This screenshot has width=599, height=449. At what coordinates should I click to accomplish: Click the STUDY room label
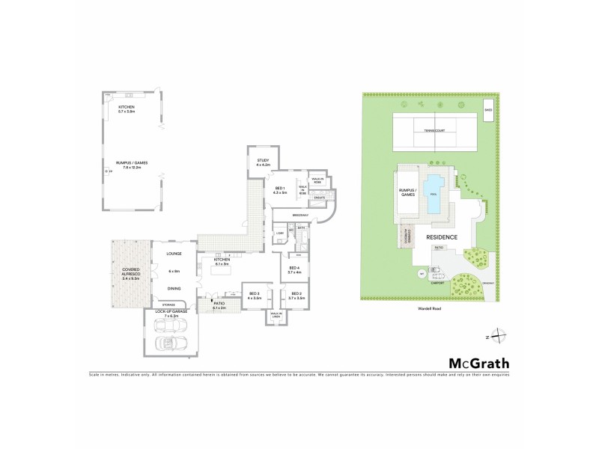(x=262, y=160)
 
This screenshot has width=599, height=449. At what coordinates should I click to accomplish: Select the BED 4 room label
(x=294, y=269)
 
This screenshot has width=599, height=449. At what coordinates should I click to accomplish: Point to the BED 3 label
(x=254, y=294)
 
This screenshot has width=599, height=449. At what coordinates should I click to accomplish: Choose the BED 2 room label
(x=296, y=294)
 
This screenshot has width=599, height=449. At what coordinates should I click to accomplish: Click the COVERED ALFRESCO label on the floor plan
(x=129, y=274)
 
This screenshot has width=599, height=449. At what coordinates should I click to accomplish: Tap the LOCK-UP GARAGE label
(x=170, y=315)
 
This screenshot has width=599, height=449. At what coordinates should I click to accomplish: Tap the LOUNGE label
(x=174, y=254)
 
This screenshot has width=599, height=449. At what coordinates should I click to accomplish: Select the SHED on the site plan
(x=488, y=114)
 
